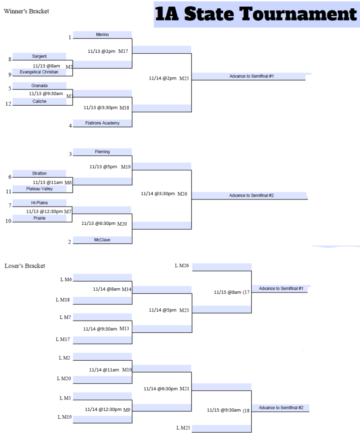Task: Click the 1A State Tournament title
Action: (x=256, y=14)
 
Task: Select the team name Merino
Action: (x=102, y=34)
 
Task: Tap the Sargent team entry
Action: (x=39, y=56)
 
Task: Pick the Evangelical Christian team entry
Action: (x=39, y=72)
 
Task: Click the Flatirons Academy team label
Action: (x=102, y=123)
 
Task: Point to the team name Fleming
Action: (x=102, y=152)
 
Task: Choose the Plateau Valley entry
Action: (x=39, y=189)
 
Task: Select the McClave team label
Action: (x=102, y=240)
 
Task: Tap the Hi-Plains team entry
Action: (x=39, y=203)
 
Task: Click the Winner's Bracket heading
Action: (x=26, y=11)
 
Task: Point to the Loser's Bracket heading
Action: (x=25, y=266)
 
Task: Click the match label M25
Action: (x=184, y=79)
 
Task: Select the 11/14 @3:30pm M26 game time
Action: (x=164, y=193)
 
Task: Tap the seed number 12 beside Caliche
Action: (x=8, y=104)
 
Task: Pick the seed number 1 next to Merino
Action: (x=69, y=38)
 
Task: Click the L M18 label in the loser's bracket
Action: (x=63, y=300)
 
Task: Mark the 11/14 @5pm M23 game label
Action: (x=168, y=310)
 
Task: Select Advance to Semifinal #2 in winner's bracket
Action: (x=251, y=196)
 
